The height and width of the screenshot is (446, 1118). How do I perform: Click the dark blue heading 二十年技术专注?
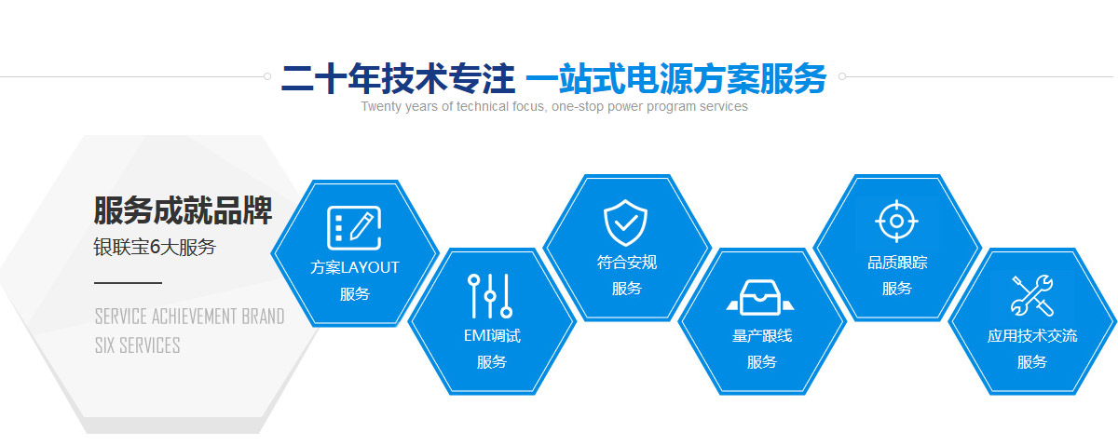click(x=398, y=79)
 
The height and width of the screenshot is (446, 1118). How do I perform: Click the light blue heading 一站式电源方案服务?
click(x=675, y=79)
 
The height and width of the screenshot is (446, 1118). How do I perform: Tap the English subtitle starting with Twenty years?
click(x=554, y=106)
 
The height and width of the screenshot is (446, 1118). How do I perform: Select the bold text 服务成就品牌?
click(x=183, y=210)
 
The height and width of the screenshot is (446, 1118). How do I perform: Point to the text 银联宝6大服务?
click(x=155, y=247)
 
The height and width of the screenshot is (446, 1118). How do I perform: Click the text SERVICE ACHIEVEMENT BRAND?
click(x=190, y=317)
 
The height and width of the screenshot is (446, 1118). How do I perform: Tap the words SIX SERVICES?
click(x=137, y=345)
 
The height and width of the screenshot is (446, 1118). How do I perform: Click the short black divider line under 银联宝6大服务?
click(x=128, y=283)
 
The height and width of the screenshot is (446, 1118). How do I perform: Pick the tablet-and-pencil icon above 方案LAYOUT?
click(x=354, y=227)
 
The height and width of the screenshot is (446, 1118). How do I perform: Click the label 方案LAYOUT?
click(x=354, y=267)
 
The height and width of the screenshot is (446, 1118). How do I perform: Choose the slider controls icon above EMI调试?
click(x=490, y=296)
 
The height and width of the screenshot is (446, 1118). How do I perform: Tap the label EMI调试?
click(x=492, y=336)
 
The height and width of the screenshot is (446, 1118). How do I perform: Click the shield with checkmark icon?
click(x=625, y=223)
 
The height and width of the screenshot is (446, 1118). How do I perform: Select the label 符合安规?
click(x=626, y=263)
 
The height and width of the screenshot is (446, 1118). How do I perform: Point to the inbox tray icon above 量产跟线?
click(x=760, y=297)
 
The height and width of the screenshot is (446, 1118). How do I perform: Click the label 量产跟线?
click(x=762, y=336)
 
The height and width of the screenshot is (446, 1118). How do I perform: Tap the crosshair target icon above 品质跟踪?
click(x=896, y=221)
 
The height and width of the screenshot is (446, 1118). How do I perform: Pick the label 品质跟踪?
click(x=897, y=263)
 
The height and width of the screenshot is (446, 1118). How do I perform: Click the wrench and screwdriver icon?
click(x=1031, y=295)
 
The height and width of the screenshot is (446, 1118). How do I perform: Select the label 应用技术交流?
click(x=1032, y=336)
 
